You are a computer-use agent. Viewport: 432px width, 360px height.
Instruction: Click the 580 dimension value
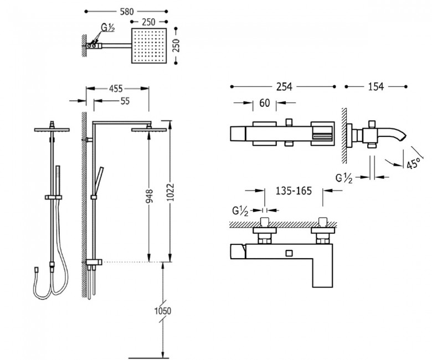pyautogui.click(x=127, y=12)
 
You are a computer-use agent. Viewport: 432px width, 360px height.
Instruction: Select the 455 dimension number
pyautogui.click(x=116, y=89)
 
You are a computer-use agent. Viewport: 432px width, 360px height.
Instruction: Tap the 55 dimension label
pyautogui.click(x=125, y=101)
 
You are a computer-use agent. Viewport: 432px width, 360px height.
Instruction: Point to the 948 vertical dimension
pyautogui.click(x=149, y=196)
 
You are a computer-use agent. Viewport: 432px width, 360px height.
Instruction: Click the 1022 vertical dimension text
pyautogui.click(x=171, y=192)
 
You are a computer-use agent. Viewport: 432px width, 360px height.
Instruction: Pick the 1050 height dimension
pyautogui.click(x=162, y=311)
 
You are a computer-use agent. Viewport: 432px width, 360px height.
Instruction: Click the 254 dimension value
pyautogui.click(x=284, y=87)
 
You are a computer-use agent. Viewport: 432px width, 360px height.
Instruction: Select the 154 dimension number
pyautogui.click(x=376, y=87)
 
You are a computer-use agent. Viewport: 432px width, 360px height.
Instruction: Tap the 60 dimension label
pyautogui.click(x=265, y=103)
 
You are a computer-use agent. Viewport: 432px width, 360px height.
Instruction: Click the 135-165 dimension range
pyautogui.click(x=294, y=191)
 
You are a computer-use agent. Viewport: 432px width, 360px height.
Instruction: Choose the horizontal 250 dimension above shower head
pyautogui.click(x=149, y=22)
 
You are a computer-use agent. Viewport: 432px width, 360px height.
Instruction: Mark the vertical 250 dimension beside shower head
pyautogui.click(x=176, y=45)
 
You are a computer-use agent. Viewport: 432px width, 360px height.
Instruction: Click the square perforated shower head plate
pyautogui.click(x=149, y=45)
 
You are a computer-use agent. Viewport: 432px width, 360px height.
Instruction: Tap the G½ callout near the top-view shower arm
pyautogui.click(x=108, y=28)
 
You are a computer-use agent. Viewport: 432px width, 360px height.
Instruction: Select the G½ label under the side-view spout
pyautogui.click(x=344, y=178)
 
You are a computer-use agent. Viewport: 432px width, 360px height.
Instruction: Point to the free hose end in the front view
pyautogui.click(x=37, y=269)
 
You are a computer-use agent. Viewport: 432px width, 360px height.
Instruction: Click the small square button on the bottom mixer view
pyautogui.click(x=289, y=253)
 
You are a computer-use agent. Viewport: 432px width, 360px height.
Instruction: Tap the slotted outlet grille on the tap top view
pyautogui.click(x=322, y=136)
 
